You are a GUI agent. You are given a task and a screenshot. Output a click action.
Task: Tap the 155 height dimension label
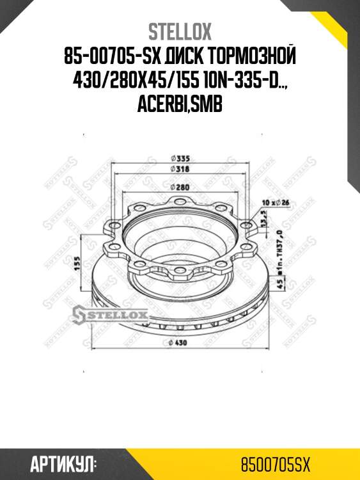pyautogui.click(x=77, y=263)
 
